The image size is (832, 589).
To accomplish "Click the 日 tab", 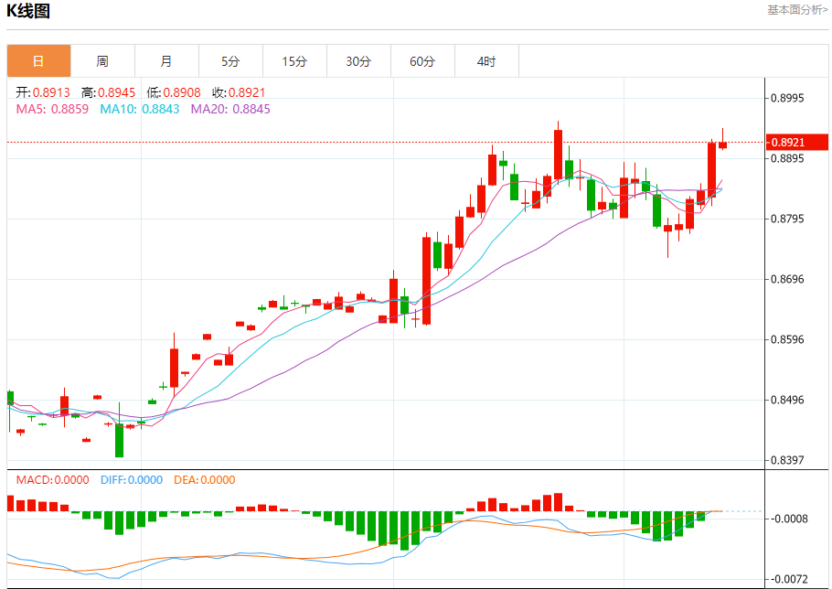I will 38,61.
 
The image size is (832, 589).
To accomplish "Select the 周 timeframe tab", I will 102,61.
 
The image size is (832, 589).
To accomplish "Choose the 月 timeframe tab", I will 166,61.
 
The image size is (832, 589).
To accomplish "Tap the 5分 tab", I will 230,61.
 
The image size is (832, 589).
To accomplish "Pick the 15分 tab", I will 294,61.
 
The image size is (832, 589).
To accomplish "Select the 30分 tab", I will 358,61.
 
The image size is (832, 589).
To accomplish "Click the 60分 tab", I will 422,61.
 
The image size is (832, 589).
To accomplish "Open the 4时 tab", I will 486,61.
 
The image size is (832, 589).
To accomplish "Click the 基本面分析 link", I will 797,10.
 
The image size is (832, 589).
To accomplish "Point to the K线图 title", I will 28,12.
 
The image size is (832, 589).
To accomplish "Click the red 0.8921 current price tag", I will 798,142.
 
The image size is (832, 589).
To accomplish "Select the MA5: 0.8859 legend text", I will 52,109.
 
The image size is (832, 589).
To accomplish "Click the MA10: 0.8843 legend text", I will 140,109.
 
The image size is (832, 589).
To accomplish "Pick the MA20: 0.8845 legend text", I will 230,109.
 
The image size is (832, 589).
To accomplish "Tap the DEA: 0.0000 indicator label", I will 204,479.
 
